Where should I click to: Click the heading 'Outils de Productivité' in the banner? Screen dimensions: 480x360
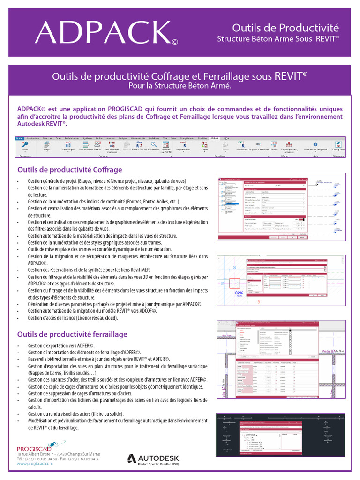tap(285, 28)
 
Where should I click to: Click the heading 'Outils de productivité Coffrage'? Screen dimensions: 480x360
tap(69, 169)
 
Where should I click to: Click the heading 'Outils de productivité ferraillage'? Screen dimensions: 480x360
tap(72, 334)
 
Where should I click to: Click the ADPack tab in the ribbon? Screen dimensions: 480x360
tap(214, 138)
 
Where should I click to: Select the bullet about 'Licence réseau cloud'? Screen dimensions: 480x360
tap(73, 318)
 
